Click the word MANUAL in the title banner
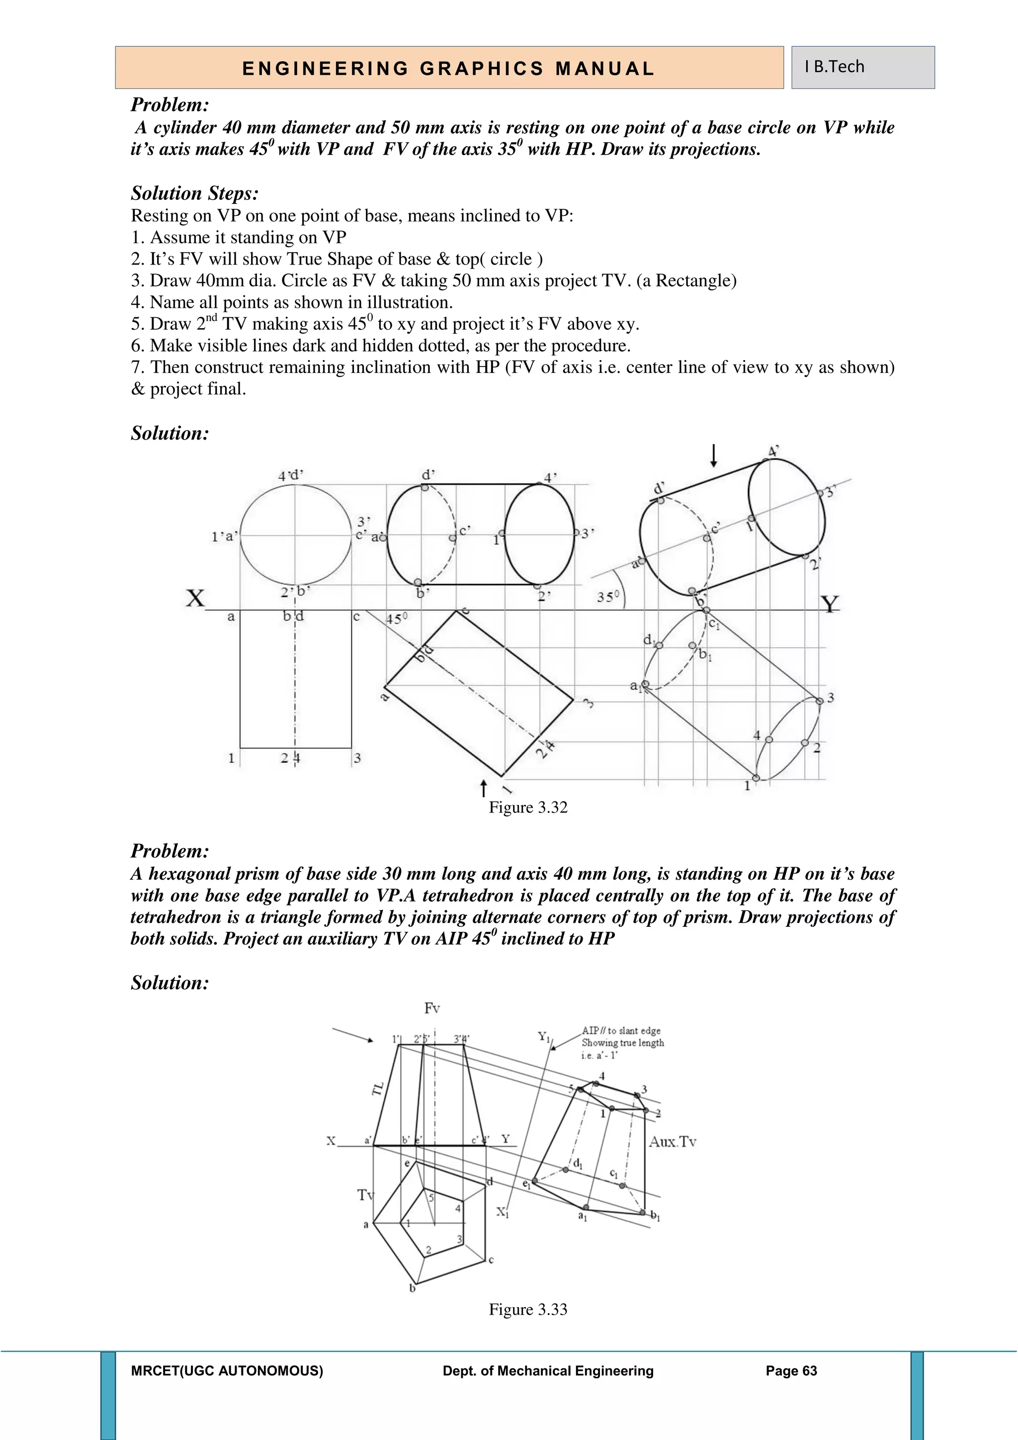(x=605, y=68)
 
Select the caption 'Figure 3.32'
(x=528, y=807)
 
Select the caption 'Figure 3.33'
(x=528, y=1310)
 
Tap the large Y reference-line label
(x=829, y=605)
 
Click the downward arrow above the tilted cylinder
(x=713, y=454)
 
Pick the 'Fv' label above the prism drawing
(x=432, y=1008)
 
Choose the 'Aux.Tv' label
(x=673, y=1142)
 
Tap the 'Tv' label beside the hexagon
(x=365, y=1195)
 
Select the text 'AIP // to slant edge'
(x=620, y=1030)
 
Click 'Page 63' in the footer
(x=791, y=1371)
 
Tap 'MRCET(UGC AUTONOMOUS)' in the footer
(x=227, y=1371)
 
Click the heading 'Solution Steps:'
(x=194, y=193)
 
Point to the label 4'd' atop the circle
(x=290, y=475)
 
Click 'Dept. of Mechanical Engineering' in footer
(x=548, y=1371)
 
